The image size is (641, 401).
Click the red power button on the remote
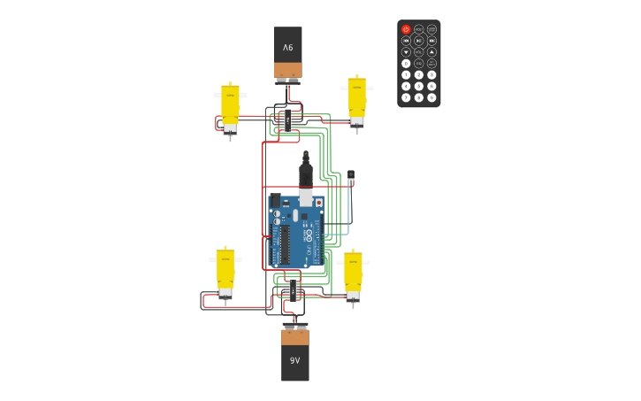406,29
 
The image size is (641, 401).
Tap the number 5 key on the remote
419,86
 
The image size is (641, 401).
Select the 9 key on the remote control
431,97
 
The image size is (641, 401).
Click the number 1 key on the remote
406,75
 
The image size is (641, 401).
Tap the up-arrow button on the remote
431,52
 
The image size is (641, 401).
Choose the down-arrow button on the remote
406,52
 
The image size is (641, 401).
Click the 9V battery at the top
287,52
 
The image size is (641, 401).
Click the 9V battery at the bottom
295,354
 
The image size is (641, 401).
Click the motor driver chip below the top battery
287,120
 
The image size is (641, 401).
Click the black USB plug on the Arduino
306,174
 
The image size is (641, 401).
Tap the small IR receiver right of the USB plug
351,176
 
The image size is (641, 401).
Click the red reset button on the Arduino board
319,203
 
